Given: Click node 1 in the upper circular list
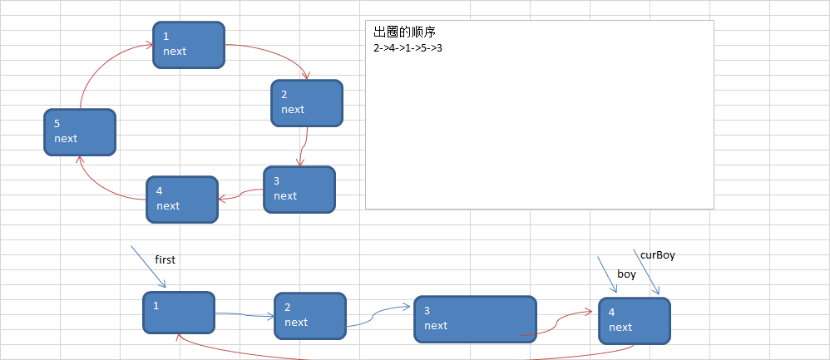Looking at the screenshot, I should pyautogui.click(x=189, y=44).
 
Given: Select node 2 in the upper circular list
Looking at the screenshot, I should pyautogui.click(x=307, y=103).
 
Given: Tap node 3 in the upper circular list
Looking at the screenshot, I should pyautogui.click(x=299, y=190).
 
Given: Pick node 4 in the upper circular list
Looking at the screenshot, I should pyautogui.click(x=182, y=200).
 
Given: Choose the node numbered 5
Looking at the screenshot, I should pyautogui.click(x=80, y=132).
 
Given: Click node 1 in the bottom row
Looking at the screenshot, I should pyautogui.click(x=178, y=313).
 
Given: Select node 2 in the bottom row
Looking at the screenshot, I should pyautogui.click(x=310, y=316).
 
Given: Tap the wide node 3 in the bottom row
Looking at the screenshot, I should pyautogui.click(x=475, y=319).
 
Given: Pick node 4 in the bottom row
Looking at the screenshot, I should pyautogui.click(x=634, y=321).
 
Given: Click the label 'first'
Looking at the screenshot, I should pyautogui.click(x=165, y=260).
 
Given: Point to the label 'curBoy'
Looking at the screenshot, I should pyautogui.click(x=657, y=256).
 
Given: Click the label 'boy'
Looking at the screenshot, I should pyautogui.click(x=626, y=274).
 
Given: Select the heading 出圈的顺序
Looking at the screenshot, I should pyautogui.click(x=405, y=32).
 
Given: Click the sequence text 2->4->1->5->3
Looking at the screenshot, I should pyautogui.click(x=408, y=47).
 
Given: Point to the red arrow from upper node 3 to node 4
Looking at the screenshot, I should pyautogui.click(x=241, y=195).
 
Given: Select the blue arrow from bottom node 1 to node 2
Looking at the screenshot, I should pyautogui.click(x=245, y=315).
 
